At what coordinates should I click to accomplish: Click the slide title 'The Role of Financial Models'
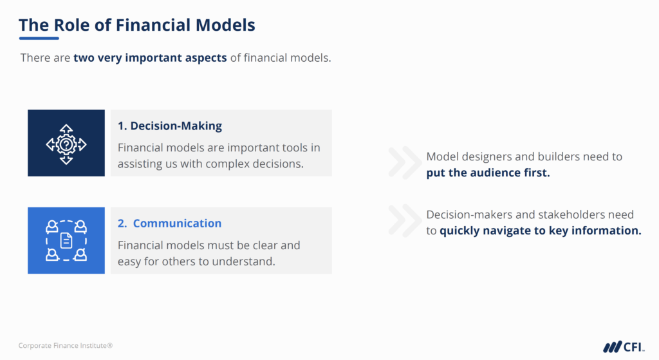pos(136,25)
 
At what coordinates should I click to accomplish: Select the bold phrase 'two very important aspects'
pos(150,58)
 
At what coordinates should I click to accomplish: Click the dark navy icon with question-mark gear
pos(66,143)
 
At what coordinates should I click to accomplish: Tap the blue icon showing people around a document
pos(66,240)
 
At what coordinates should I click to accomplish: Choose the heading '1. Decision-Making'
pos(170,126)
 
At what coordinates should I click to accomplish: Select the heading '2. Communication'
pos(170,223)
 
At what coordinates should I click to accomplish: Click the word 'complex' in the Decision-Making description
pos(219,164)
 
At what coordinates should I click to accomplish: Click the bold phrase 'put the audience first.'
pos(488,173)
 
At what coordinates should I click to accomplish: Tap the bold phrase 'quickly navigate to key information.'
pos(540,231)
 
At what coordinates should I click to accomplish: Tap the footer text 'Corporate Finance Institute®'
pos(66,346)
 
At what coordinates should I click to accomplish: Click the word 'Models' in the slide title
pos(226,25)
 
